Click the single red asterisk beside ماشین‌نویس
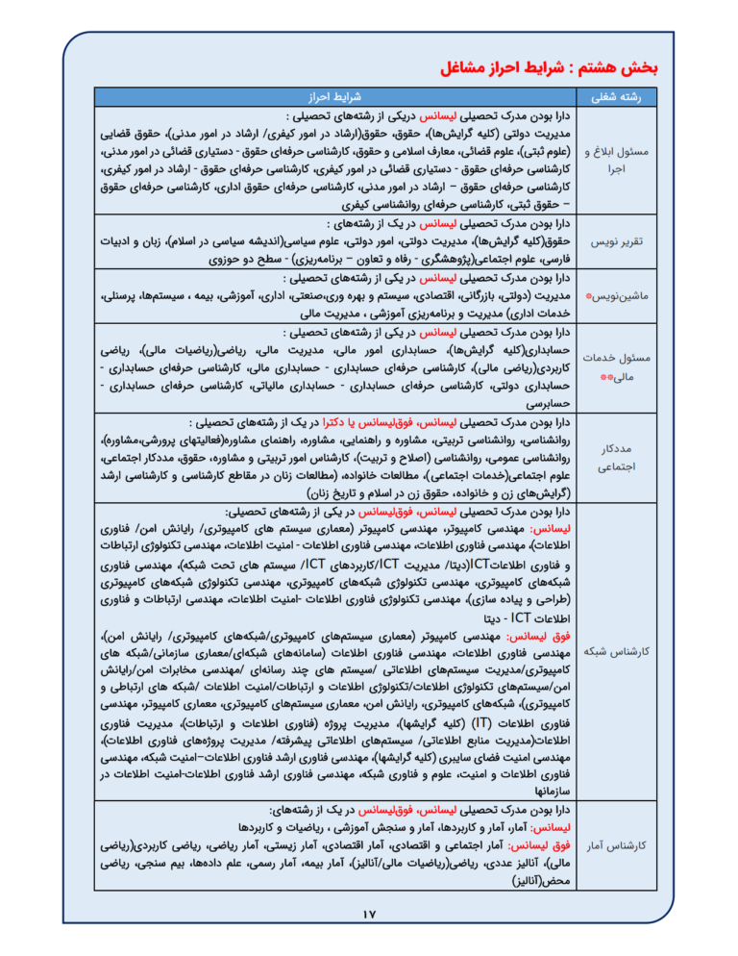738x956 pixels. (x=587, y=296)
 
